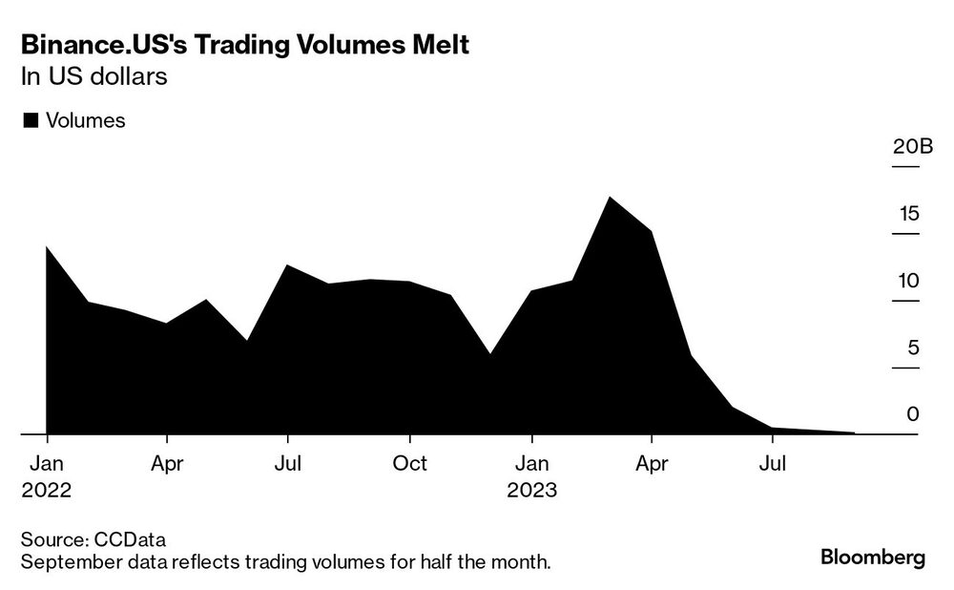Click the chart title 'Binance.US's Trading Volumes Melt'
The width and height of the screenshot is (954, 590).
point(245,45)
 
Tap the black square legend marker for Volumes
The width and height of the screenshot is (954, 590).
point(29,120)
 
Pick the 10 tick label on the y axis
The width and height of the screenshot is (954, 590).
point(908,281)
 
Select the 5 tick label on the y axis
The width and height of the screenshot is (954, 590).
point(913,348)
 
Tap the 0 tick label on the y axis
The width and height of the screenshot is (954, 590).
point(913,414)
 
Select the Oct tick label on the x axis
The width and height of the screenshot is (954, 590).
point(410,464)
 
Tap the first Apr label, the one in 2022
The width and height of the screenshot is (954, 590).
point(167,464)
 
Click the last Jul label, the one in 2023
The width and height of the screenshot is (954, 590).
point(773,464)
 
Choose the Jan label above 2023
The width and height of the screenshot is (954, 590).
point(531,464)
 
